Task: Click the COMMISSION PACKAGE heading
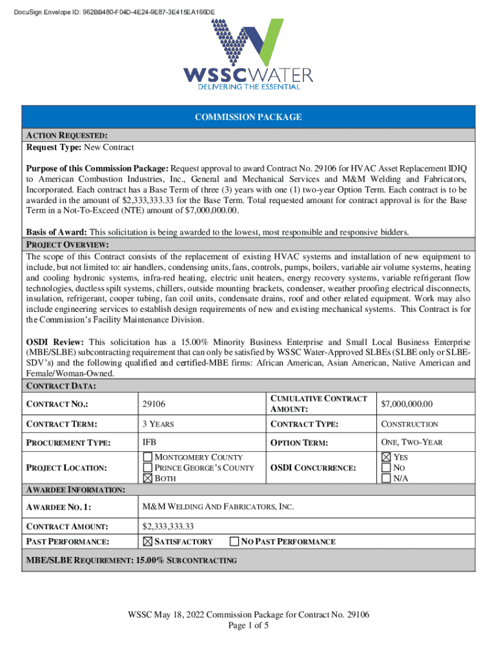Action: pos(249,117)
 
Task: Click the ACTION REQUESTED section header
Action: pos(66,135)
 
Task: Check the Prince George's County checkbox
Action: pos(147,467)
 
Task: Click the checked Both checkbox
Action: pos(147,478)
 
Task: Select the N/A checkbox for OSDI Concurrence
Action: pos(386,478)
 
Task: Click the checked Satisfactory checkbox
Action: pos(147,541)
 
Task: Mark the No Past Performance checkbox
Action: pos(235,541)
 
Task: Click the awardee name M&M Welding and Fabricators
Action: pos(218,507)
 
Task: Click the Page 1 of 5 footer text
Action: pos(248,626)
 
